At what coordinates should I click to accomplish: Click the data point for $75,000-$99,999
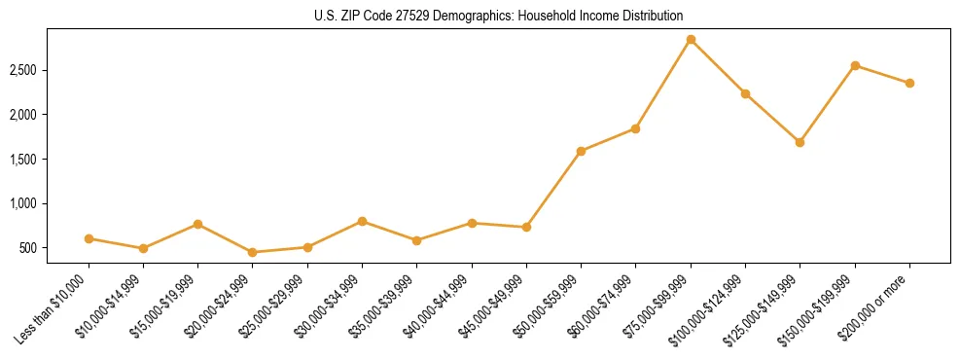point(691,40)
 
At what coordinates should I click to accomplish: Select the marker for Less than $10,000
point(89,238)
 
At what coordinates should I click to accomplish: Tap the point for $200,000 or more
point(909,83)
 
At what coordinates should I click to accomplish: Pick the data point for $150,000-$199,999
point(855,65)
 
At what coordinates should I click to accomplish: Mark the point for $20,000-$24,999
point(253,252)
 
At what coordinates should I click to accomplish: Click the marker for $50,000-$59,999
point(581,151)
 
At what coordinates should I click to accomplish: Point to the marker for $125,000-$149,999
point(800,142)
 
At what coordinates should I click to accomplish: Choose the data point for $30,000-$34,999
point(362,221)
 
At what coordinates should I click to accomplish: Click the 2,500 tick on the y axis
point(52,70)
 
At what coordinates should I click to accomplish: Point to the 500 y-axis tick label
point(56,248)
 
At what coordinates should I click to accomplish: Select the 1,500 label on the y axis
point(52,159)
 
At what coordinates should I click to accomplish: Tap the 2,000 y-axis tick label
point(52,115)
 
